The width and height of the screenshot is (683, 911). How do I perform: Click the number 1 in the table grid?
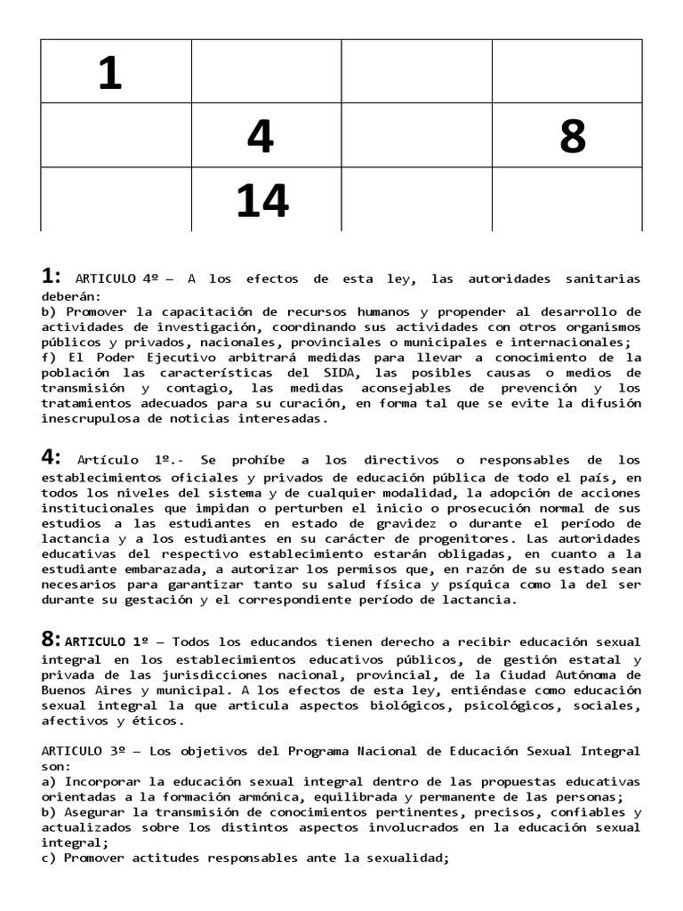tap(109, 73)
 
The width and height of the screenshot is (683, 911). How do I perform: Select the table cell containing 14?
tap(263, 201)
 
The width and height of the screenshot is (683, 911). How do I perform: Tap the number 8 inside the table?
tap(573, 137)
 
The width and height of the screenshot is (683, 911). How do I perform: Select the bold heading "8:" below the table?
tap(51, 640)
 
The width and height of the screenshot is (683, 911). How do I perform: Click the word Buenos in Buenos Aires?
tap(64, 690)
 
